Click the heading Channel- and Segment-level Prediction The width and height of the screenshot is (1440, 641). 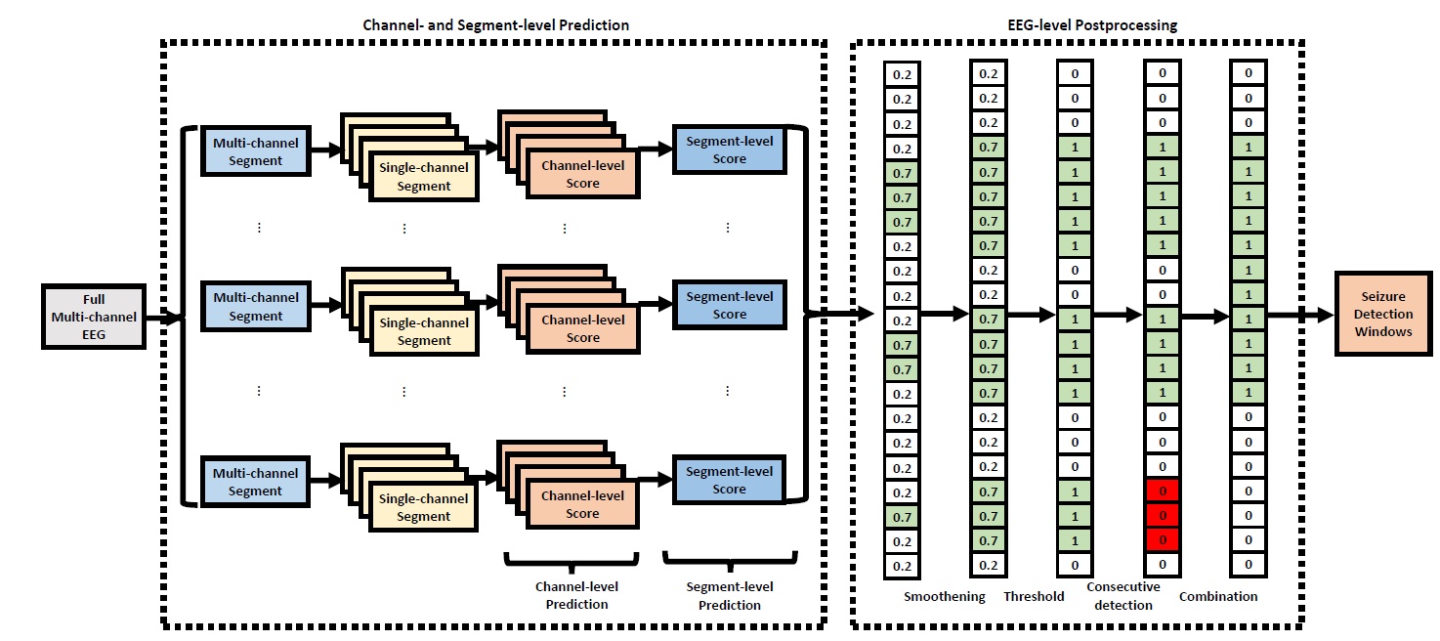coord(496,24)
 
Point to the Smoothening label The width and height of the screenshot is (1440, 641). coord(944,596)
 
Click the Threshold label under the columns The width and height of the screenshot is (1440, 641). coord(1034,596)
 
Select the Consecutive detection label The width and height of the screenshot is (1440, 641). coord(1122,596)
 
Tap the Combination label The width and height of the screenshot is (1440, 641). coord(1218,596)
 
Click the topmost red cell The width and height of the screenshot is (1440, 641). coord(1163,491)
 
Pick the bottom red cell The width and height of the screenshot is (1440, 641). coord(1163,540)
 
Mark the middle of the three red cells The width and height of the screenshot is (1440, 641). coord(1163,516)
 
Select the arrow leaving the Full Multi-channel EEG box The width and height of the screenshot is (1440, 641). coord(166,317)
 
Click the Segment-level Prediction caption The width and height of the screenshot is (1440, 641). coord(729,595)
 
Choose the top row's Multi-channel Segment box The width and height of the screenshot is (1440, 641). coord(255,152)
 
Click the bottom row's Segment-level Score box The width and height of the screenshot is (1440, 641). coord(729,481)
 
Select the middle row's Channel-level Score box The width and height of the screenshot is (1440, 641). coord(582,328)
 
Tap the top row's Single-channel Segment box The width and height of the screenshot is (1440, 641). coord(423,177)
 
